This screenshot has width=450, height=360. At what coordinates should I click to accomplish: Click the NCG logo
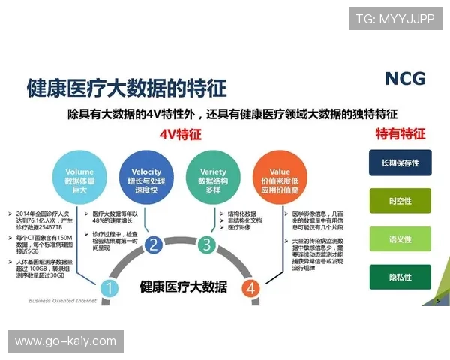coord(404,79)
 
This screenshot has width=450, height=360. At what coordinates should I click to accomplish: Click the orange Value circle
coord(271,177)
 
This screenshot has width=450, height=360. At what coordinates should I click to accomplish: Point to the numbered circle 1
coord(109,287)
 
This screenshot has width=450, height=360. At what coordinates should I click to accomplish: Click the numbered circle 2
coord(154,244)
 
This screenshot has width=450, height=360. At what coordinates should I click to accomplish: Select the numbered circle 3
coord(205,244)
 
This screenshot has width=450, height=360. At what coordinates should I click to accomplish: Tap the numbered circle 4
coord(251,287)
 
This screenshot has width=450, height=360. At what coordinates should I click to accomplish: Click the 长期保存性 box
coord(400,163)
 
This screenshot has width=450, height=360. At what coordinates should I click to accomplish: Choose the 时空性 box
coord(400,201)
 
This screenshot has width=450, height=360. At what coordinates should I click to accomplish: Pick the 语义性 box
coord(400,239)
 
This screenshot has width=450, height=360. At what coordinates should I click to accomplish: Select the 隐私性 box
coord(400,277)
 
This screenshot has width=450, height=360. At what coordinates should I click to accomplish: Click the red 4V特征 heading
coord(180,134)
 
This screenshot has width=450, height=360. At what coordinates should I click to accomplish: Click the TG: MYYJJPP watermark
coord(394,18)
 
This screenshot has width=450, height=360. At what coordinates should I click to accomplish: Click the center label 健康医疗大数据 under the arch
coord(183,286)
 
